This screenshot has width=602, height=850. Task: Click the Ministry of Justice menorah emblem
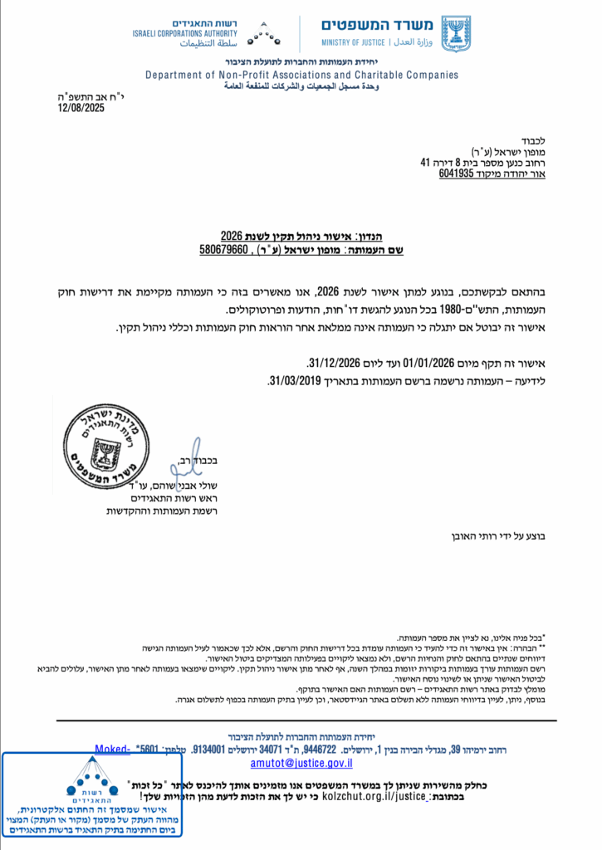pos(455,33)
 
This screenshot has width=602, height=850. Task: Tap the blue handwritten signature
pos(187,457)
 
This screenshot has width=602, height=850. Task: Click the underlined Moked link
pos(113,749)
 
